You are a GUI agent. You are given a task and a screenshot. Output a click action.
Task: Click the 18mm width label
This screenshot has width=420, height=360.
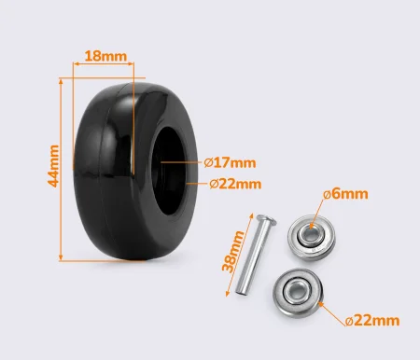(105, 56)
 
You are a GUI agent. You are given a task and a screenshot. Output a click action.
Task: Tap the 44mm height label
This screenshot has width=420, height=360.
(53, 166)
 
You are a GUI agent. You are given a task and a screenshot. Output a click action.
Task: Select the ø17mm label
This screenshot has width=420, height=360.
(230, 162)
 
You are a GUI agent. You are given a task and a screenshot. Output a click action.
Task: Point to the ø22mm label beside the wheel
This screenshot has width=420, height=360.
(235, 184)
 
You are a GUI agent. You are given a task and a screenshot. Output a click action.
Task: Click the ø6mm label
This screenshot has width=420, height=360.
(345, 194)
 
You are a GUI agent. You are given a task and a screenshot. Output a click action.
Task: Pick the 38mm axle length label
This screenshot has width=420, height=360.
(233, 252)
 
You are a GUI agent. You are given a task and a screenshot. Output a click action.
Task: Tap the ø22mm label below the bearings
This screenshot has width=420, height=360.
(372, 320)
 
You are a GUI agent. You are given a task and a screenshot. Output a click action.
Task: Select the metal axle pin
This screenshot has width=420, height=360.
(255, 254)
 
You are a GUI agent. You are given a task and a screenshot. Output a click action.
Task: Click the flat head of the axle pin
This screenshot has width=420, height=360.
(266, 219)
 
